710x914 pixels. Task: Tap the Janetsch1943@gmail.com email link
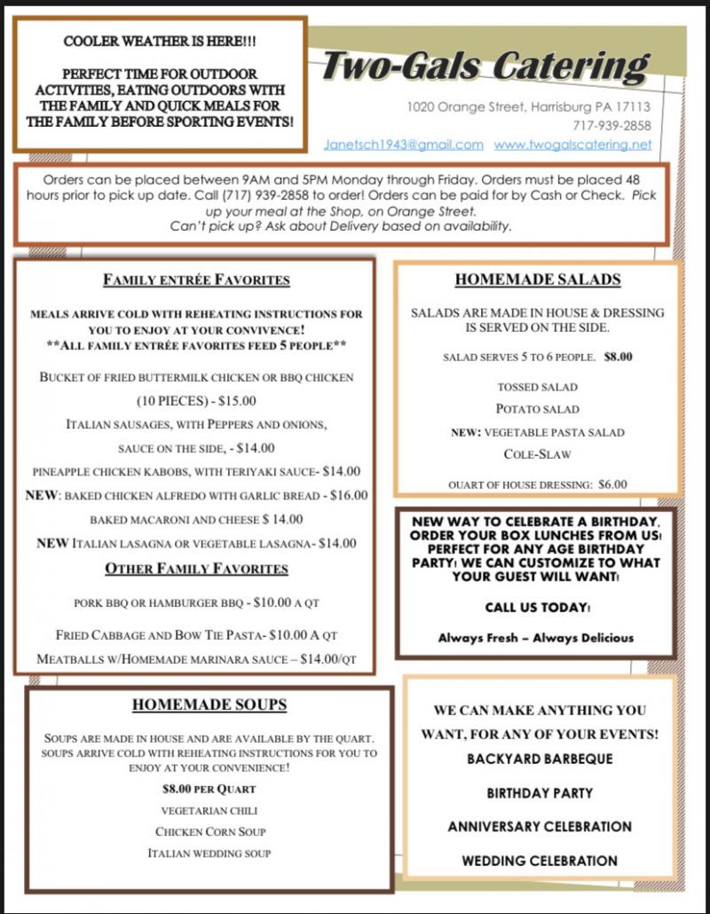click(403, 145)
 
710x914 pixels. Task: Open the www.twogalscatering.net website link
click(572, 145)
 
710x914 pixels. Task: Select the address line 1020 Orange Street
click(529, 106)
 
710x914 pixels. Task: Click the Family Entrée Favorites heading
click(196, 280)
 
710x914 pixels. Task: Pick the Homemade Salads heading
click(538, 280)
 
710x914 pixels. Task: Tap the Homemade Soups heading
click(209, 705)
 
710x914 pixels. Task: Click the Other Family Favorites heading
click(196, 568)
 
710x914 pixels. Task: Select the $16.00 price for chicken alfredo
click(349, 495)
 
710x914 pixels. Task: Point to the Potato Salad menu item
click(537, 409)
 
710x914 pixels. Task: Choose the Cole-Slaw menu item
click(537, 454)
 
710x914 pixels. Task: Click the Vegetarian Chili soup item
click(209, 810)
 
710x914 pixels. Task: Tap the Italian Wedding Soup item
click(209, 854)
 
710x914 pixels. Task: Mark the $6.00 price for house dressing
click(612, 485)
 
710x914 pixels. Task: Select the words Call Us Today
click(537, 608)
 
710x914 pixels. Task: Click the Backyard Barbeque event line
click(540, 760)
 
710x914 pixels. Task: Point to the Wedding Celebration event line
click(540, 861)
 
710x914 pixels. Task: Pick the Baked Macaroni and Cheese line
click(196, 519)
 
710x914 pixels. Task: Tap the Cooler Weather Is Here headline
click(160, 43)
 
